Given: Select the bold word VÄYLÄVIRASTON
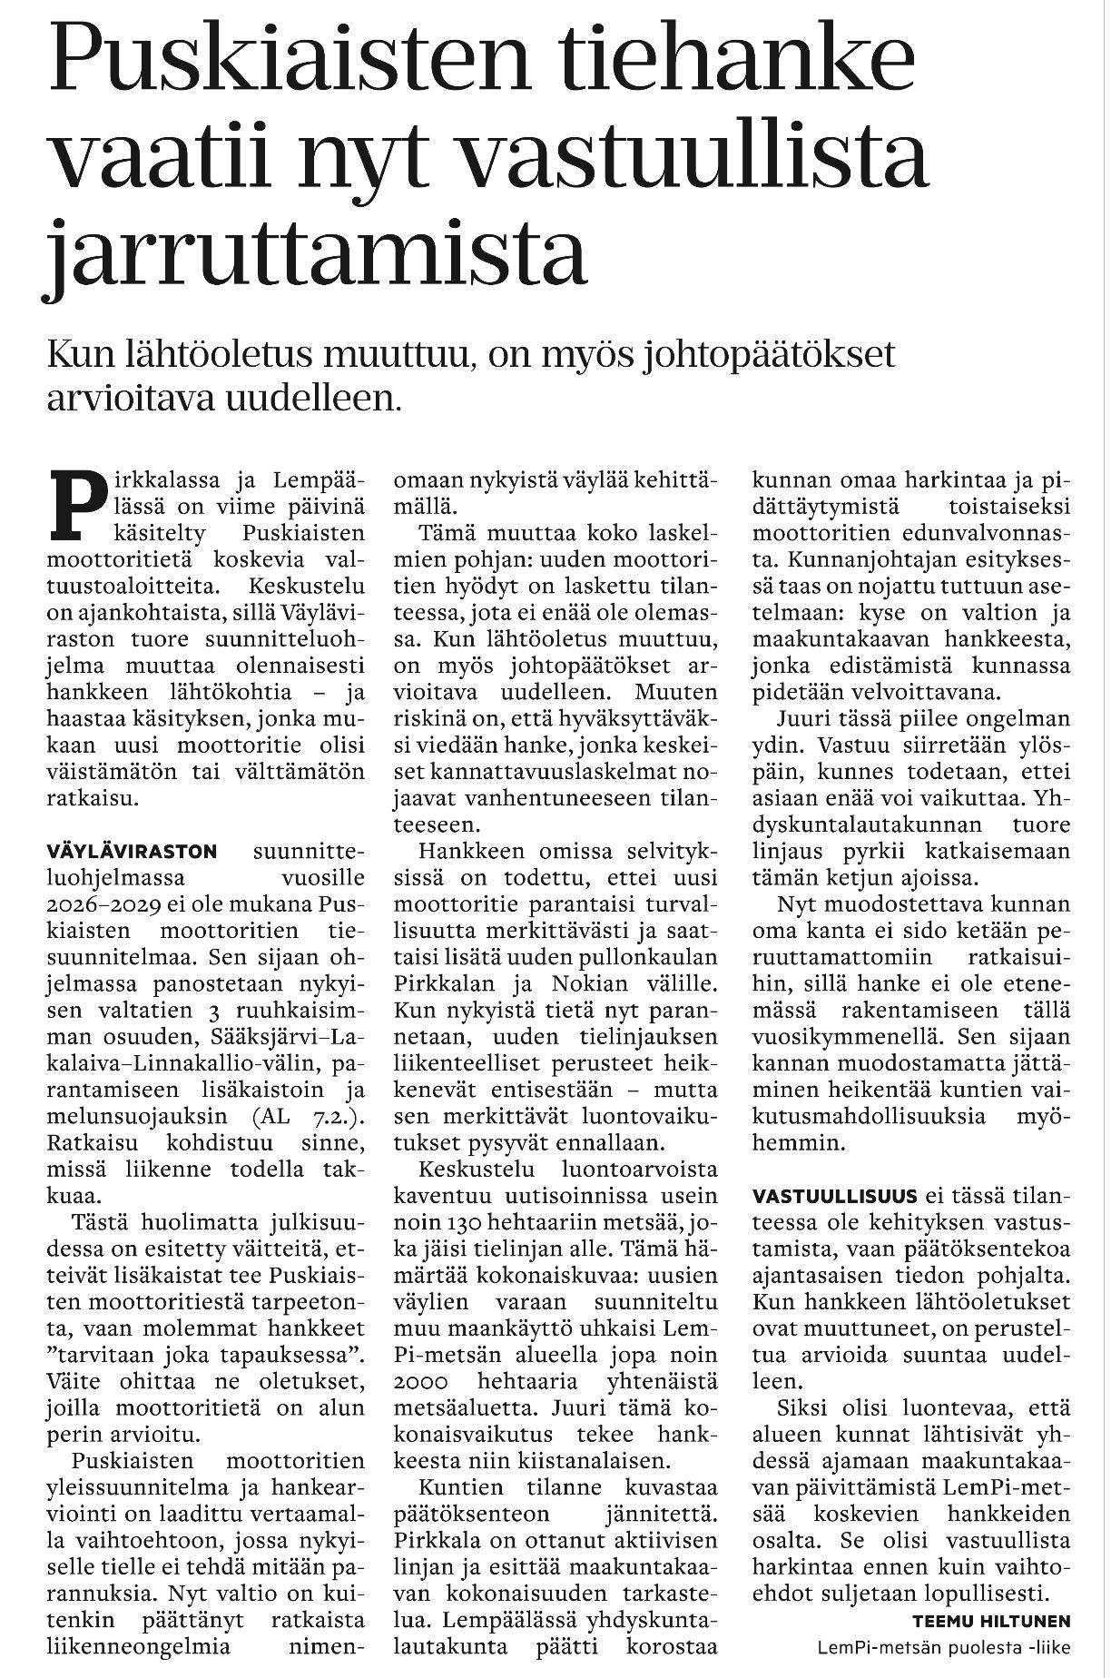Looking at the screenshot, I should (x=132, y=852).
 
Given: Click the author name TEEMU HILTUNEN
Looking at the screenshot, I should (x=990, y=1620).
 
